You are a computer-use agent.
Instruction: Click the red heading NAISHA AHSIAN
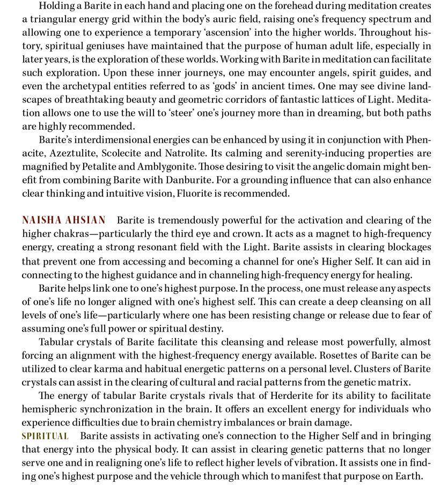click(x=63, y=221)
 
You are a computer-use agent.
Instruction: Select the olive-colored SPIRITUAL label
click(x=45, y=436)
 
